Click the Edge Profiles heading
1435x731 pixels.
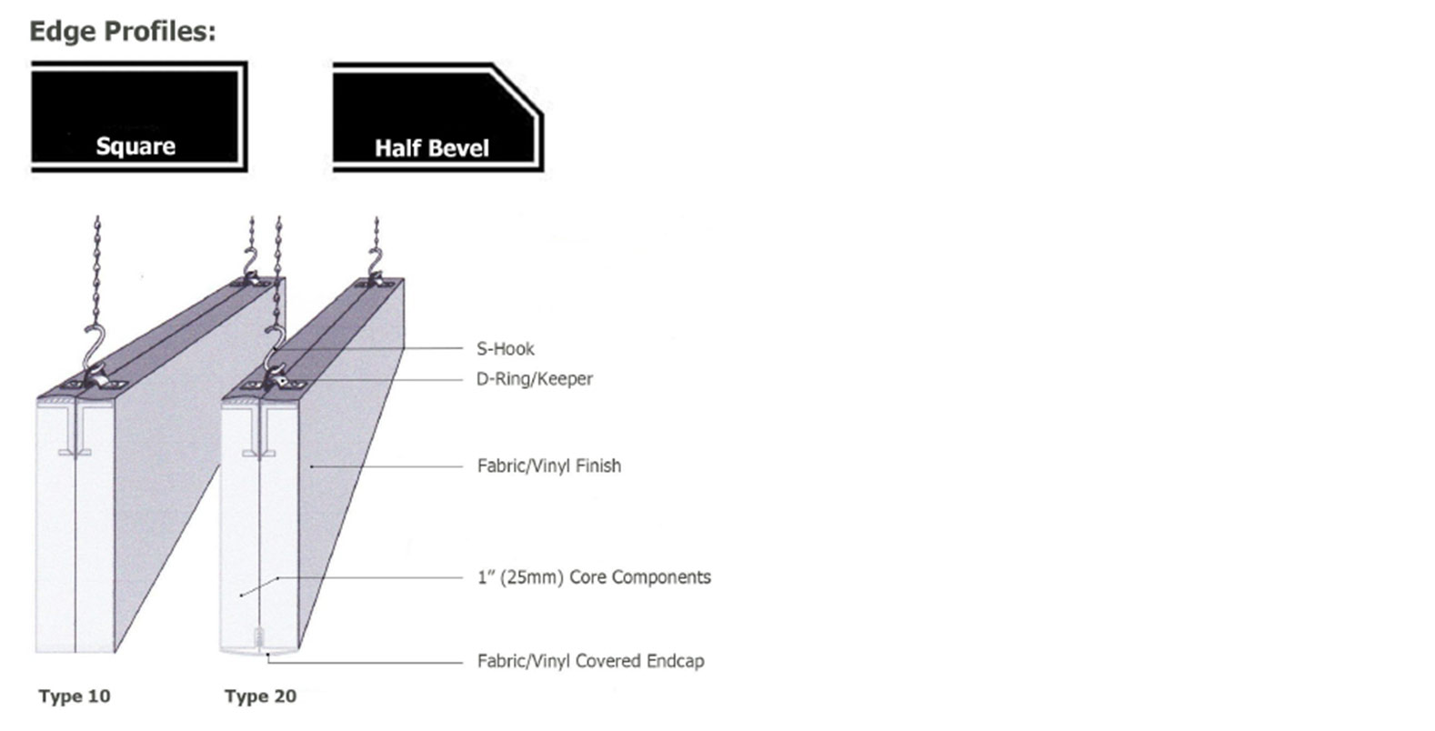122,31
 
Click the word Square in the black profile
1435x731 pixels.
135,146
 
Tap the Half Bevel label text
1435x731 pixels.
432,148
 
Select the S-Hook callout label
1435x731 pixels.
505,348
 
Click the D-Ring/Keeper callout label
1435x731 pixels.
534,378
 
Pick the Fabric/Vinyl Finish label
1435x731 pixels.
548,466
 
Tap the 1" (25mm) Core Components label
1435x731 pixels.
594,577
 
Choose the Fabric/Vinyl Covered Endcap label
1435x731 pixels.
590,661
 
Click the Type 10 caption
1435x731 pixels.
75,696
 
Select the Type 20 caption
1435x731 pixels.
260,696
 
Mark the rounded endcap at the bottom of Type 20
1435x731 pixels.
260,648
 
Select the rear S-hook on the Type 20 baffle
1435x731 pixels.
375,264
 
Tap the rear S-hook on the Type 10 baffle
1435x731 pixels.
251,264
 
